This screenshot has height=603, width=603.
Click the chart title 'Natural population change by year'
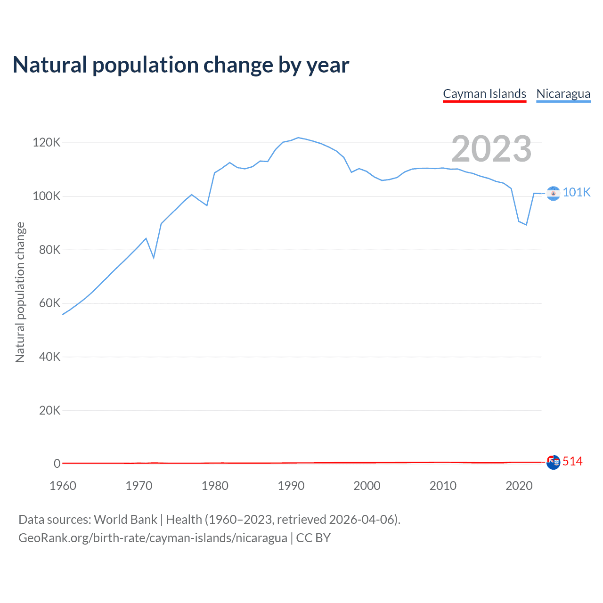(x=181, y=65)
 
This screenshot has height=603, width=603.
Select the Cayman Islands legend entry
(x=484, y=94)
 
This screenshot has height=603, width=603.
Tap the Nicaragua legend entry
(x=563, y=94)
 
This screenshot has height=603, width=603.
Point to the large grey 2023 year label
(x=491, y=149)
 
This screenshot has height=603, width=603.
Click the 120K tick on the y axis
(x=47, y=142)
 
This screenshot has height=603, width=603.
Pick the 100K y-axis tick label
(x=47, y=196)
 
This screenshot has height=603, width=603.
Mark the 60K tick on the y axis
(x=50, y=303)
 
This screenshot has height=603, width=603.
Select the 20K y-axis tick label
(x=50, y=410)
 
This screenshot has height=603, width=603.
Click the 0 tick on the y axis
(x=57, y=464)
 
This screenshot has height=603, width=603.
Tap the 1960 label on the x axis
(x=63, y=486)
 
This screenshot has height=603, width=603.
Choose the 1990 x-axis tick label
(x=291, y=486)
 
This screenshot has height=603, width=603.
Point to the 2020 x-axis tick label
(x=519, y=486)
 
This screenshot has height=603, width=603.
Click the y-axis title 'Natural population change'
(x=20, y=292)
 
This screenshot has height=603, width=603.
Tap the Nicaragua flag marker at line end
(x=553, y=193)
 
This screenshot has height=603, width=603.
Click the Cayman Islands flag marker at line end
(x=553, y=462)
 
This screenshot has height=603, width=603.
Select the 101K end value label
(x=577, y=192)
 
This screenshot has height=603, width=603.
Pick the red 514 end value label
(x=572, y=462)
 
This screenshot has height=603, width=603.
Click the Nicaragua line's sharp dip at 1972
(x=154, y=258)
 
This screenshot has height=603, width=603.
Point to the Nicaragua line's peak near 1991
(x=298, y=138)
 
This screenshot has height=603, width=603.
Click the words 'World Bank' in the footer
(x=125, y=520)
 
